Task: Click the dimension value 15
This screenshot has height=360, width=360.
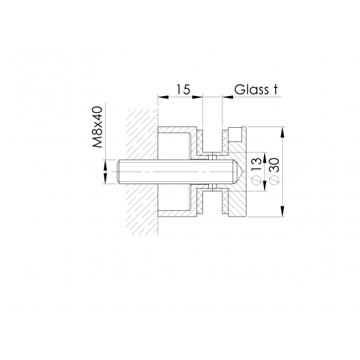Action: click(183, 89)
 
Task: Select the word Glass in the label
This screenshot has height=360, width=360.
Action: click(251, 90)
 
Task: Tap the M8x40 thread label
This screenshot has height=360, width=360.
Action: click(97, 127)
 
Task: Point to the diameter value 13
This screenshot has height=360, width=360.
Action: click(258, 164)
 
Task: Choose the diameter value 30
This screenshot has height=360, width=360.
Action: click(274, 165)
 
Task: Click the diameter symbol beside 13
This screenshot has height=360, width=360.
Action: click(258, 180)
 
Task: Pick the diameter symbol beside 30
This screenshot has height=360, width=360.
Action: click(274, 180)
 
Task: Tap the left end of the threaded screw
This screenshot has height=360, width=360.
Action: click(118, 172)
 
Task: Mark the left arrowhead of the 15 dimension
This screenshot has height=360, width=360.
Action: click(163, 97)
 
